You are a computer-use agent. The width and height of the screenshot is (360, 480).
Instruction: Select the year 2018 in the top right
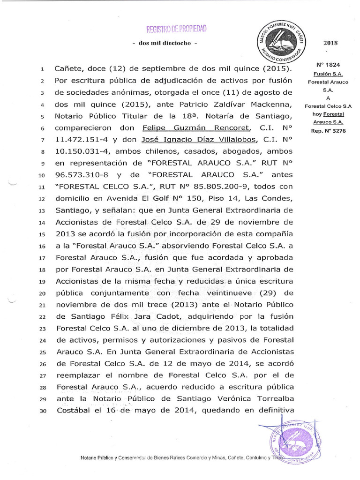pyautogui.click(x=330, y=43)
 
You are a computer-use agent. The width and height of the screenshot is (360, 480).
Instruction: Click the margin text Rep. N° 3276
pyautogui.click(x=328, y=131)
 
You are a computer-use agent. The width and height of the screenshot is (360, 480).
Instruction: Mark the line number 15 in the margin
pyautogui.click(x=42, y=233)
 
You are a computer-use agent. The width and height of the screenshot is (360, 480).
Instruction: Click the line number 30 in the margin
pyautogui.click(x=42, y=410)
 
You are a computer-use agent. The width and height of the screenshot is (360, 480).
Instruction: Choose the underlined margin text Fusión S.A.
pyautogui.click(x=328, y=74)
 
